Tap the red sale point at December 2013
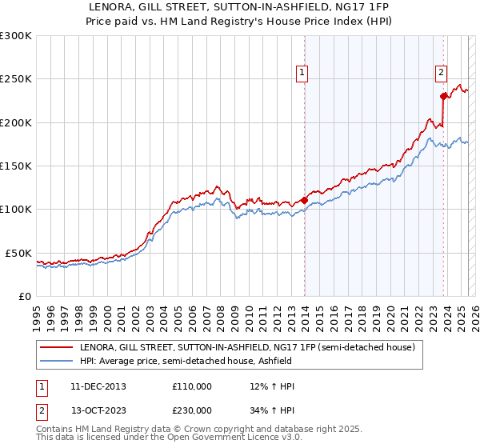pos(305,200)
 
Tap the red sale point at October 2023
pos(443,96)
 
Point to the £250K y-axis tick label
pos(15,79)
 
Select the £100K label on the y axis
pos(15,209)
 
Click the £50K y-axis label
pos(18,253)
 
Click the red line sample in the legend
pos(57,348)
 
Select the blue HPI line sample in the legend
pos(57,362)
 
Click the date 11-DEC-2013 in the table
pos(91,386)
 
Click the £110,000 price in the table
pos(192,386)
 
